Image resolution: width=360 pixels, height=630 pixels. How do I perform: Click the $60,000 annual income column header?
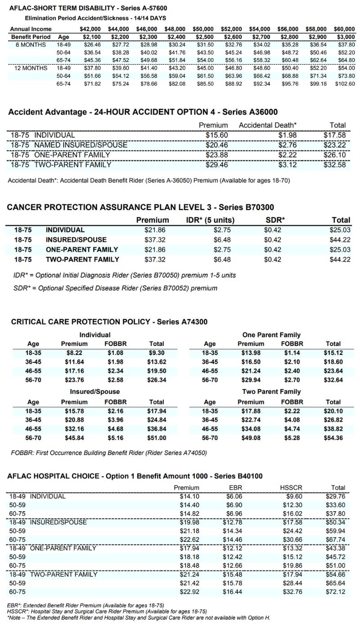(x=344, y=29)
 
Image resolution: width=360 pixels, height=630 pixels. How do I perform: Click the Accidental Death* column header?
(x=268, y=125)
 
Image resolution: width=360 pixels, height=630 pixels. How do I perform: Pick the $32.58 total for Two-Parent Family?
(x=334, y=165)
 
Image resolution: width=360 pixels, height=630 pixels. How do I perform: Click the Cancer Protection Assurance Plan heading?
(x=140, y=207)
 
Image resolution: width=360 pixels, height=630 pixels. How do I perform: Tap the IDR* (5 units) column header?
(x=210, y=220)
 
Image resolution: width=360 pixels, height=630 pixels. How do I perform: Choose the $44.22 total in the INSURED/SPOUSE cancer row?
(x=341, y=240)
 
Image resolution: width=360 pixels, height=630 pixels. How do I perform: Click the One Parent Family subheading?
(x=271, y=335)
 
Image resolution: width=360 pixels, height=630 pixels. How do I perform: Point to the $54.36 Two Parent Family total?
(x=333, y=438)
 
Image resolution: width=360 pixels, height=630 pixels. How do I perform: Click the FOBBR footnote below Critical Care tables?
(x=109, y=452)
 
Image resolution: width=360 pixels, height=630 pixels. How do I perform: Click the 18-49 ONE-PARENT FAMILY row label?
(x=53, y=548)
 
